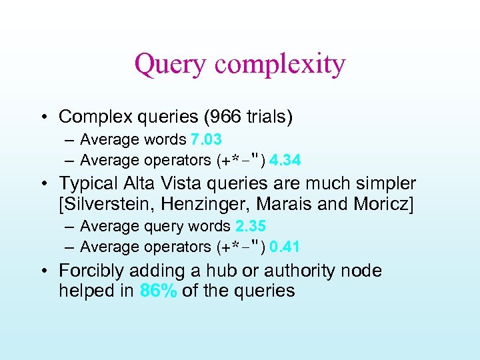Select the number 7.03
(206, 140)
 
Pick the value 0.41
(285, 247)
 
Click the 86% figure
(158, 291)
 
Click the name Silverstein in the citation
(109, 204)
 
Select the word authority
(301, 271)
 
